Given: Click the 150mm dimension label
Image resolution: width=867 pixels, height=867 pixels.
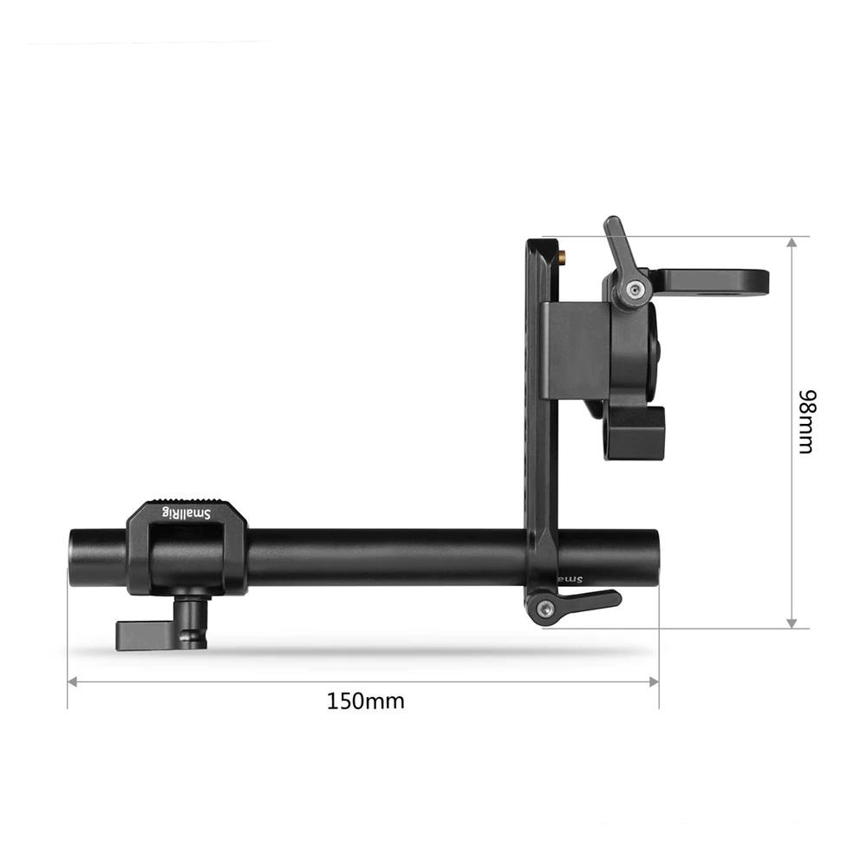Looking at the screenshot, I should point(365,701).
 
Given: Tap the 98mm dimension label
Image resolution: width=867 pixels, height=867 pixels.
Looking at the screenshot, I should point(806,422).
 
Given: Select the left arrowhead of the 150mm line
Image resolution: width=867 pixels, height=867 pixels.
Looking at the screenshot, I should point(73,681).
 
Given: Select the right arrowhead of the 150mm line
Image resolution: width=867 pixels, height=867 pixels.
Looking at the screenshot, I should point(654,681).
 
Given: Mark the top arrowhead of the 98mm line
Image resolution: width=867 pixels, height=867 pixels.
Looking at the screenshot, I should point(791,244).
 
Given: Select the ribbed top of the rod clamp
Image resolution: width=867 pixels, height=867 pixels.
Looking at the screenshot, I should point(187,502).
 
